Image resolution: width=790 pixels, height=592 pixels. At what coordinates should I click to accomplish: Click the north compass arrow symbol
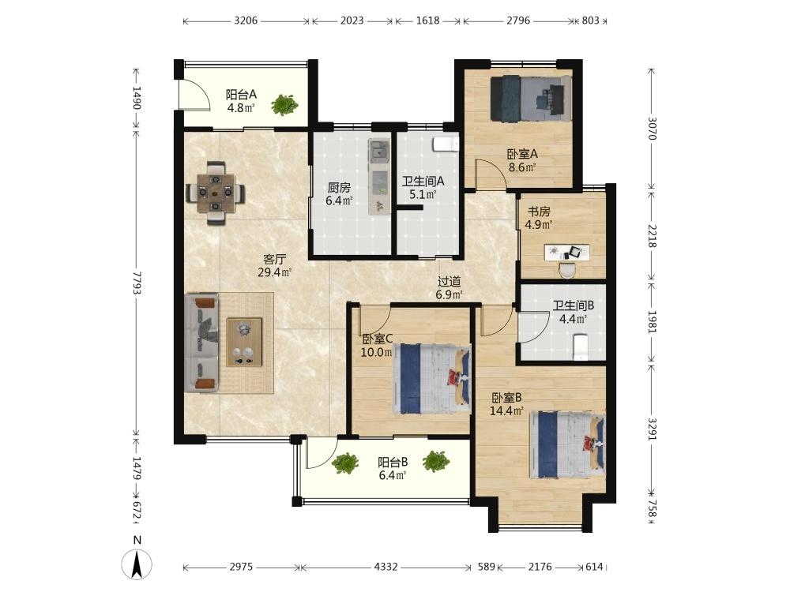137,564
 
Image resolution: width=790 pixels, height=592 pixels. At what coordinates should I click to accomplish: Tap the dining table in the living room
216,193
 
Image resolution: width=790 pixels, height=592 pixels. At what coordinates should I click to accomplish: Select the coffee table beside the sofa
244,342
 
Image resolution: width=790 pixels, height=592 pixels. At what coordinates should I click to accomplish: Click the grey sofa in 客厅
202,343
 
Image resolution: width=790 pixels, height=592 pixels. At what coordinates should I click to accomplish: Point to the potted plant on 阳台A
284,105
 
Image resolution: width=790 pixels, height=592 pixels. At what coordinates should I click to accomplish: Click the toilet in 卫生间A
446,144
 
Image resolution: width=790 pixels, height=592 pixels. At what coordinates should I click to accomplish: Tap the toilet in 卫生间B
581,347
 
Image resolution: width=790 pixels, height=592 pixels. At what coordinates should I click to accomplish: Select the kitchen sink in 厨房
379,152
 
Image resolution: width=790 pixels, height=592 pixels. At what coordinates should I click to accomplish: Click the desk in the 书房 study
566,253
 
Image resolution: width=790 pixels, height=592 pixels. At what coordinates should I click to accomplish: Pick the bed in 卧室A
531,98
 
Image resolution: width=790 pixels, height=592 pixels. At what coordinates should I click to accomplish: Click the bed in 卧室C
432,379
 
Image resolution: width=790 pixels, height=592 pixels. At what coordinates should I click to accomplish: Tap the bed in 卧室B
566,445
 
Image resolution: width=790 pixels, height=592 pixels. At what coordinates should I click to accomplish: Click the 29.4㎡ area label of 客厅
275,273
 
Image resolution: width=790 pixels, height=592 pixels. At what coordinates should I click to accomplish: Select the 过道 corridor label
449,282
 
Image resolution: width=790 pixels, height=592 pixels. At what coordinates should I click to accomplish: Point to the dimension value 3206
246,21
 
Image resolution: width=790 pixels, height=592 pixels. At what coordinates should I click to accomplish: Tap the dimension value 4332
386,567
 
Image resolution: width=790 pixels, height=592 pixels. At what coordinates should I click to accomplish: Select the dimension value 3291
652,429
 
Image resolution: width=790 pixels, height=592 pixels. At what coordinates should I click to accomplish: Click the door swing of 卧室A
491,174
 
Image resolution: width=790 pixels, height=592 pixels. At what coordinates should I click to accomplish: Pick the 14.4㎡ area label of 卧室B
507,411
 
